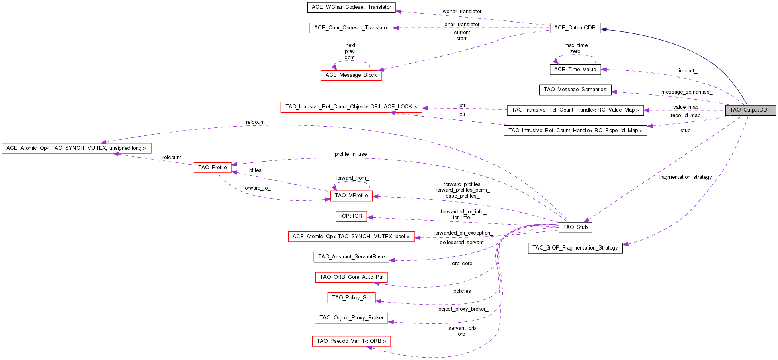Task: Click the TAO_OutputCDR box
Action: [750, 110]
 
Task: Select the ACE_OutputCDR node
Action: [575, 27]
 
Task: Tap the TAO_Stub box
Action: [575, 227]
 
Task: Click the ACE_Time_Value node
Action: [575, 70]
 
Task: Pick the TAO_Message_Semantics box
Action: [575, 90]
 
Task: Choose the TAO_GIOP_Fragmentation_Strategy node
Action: [575, 248]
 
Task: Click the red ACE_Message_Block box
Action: [351, 75]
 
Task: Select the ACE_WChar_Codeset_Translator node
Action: [351, 7]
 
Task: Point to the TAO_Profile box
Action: [212, 168]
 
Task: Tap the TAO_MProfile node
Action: [351, 196]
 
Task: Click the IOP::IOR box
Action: [351, 216]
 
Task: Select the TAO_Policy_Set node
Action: [351, 298]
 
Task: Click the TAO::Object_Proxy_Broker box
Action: [351, 318]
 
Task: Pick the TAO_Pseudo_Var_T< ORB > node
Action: [351, 341]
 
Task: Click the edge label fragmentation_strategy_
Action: [686, 177]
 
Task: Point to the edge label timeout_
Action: [687, 71]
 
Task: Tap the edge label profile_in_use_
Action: [352, 154]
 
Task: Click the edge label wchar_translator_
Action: [463, 12]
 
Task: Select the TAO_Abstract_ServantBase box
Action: [351, 257]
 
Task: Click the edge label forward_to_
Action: [256, 188]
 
